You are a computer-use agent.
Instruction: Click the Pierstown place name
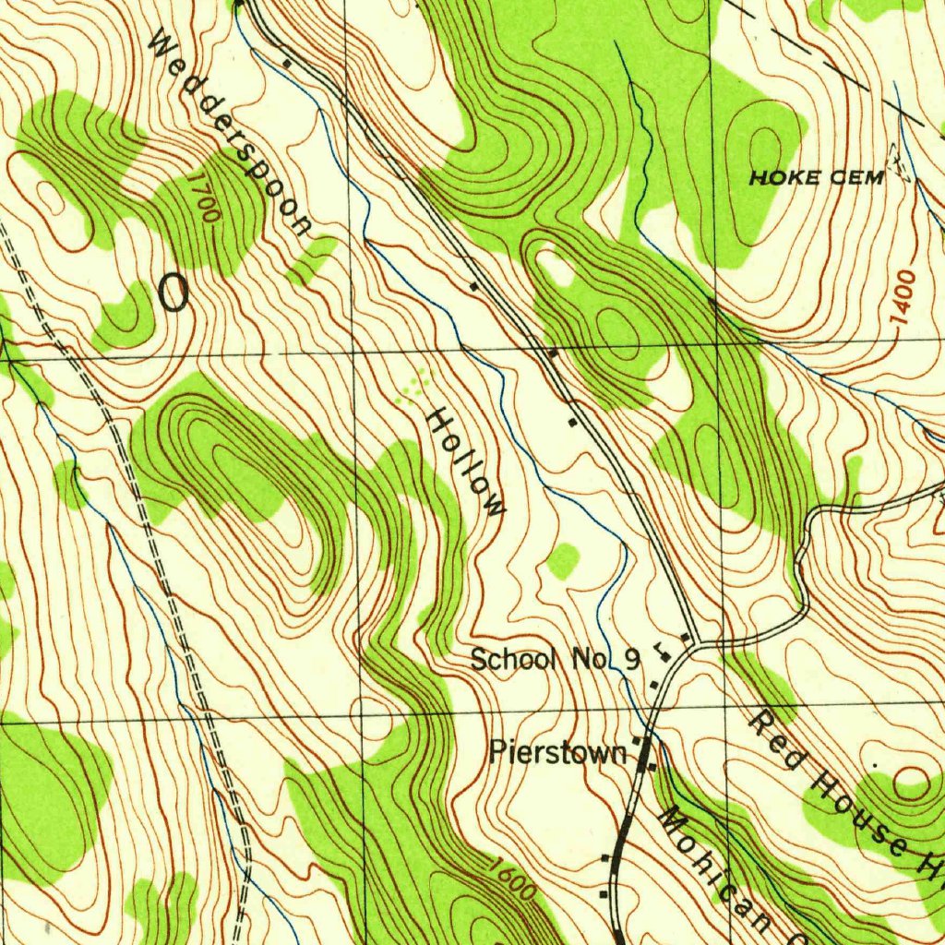point(557,752)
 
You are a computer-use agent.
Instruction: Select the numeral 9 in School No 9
point(631,659)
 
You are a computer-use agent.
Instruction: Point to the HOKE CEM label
point(816,178)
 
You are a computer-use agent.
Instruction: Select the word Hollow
point(467,461)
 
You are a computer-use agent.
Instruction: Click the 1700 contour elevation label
point(206,196)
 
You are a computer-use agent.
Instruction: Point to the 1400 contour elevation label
point(905,296)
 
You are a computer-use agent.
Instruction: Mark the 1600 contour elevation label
point(512,879)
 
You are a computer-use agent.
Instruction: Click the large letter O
point(173,293)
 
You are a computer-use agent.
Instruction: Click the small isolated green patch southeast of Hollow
point(562,560)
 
